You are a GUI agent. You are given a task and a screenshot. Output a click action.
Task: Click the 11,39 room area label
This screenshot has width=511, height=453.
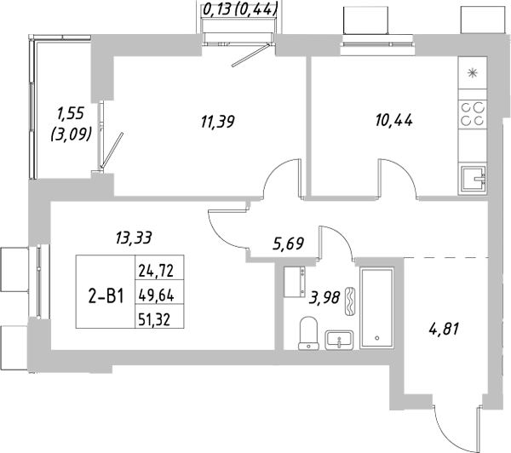(217, 121)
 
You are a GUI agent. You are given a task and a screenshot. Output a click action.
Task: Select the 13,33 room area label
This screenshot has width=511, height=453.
(134, 238)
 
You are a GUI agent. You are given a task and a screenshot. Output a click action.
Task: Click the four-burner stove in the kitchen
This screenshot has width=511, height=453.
(473, 114)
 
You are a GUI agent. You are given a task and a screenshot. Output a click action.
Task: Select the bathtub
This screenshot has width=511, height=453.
(376, 308)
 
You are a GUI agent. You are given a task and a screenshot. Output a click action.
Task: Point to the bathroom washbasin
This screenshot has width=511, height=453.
(340, 340)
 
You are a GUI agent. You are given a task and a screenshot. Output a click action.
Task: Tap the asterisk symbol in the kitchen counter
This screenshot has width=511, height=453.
(474, 74)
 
